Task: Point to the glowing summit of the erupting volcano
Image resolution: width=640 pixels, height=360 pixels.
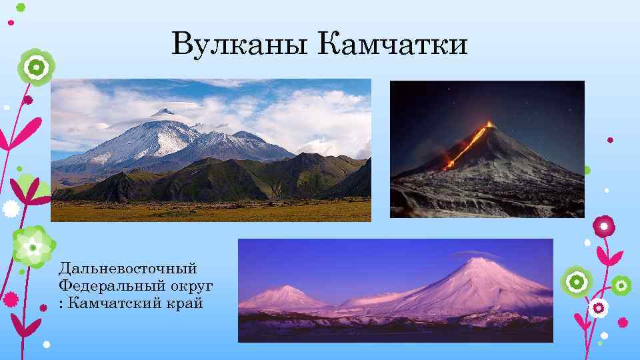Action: [x=490, y=124]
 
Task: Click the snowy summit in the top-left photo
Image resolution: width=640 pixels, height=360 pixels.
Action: [x=161, y=112]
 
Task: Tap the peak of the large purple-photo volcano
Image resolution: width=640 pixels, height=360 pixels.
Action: [x=477, y=261]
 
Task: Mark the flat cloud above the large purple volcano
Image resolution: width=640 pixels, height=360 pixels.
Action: [x=476, y=254]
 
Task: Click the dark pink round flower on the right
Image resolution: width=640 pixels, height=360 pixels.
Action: [x=605, y=227]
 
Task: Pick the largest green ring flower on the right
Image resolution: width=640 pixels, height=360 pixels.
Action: [x=575, y=281]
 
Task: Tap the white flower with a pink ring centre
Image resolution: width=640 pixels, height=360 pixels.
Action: [x=598, y=308]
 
